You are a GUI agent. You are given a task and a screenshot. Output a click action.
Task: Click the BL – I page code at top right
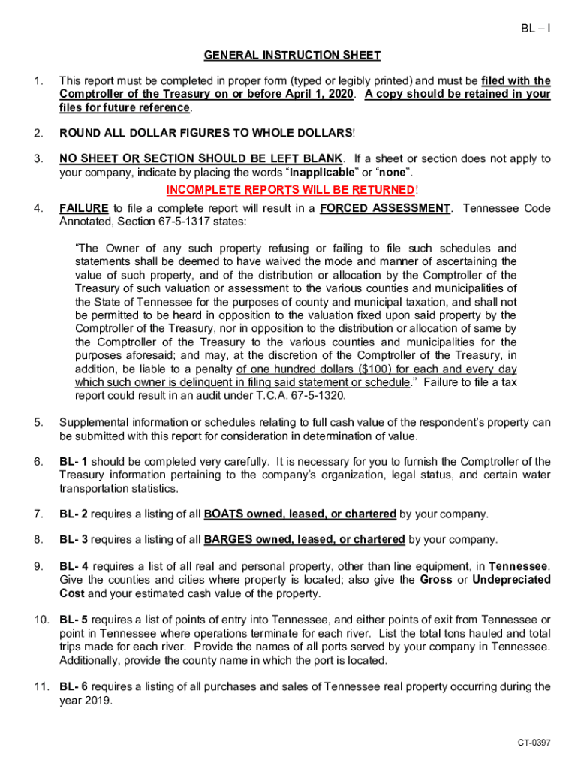pyautogui.click(x=535, y=29)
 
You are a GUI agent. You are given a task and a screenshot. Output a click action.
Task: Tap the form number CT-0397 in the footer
pyautogui.click(x=534, y=743)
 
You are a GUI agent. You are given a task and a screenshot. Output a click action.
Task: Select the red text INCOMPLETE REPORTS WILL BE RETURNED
pyautogui.click(x=291, y=189)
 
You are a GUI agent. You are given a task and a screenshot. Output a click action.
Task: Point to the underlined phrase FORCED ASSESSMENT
pyautogui.click(x=384, y=209)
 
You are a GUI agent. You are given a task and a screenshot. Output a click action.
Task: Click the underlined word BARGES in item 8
pyautogui.click(x=227, y=539)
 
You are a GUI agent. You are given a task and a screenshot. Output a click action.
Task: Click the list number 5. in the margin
pyautogui.click(x=38, y=422)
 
